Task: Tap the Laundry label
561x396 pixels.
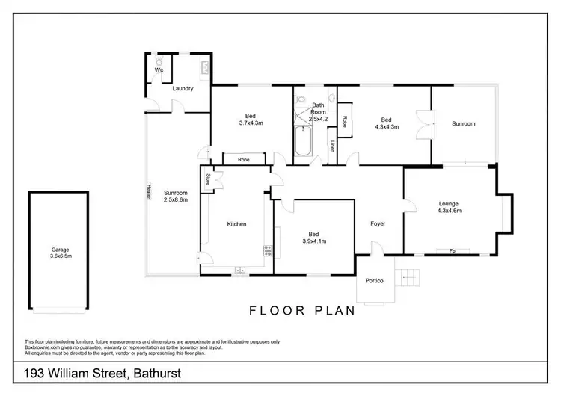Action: pyautogui.click(x=183, y=89)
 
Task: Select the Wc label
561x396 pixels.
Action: pyautogui.click(x=159, y=70)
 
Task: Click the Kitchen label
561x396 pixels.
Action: pyautogui.click(x=236, y=224)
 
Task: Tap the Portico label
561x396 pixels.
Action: pyautogui.click(x=374, y=280)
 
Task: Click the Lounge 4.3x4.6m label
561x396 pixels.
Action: pyautogui.click(x=449, y=207)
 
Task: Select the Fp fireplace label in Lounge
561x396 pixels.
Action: pyautogui.click(x=452, y=251)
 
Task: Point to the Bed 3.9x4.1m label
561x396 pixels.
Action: pyautogui.click(x=314, y=237)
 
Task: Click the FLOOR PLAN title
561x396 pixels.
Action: pyautogui.click(x=302, y=311)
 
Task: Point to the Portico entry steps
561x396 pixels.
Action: pyautogui.click(x=408, y=278)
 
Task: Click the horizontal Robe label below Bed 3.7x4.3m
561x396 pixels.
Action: pyautogui.click(x=243, y=159)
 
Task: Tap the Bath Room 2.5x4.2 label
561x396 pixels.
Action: pyautogui.click(x=319, y=112)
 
